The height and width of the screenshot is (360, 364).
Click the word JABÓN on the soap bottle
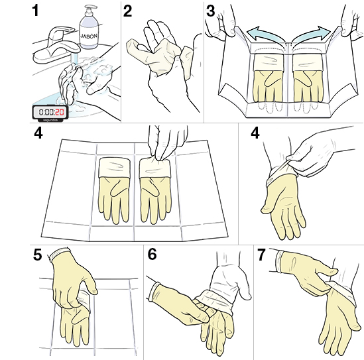(91, 29)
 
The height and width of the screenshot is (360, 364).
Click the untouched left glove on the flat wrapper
(114, 189)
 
